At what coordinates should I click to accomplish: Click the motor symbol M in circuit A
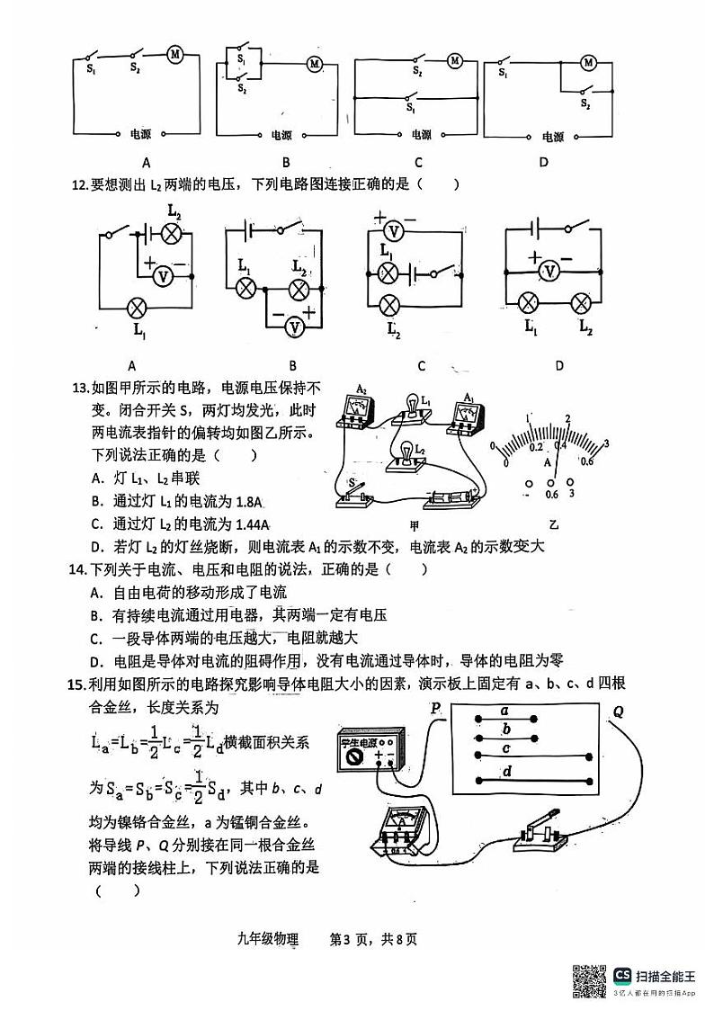pyautogui.click(x=175, y=55)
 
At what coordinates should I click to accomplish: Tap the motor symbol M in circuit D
pyautogui.click(x=589, y=62)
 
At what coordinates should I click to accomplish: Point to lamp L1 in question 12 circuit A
pyautogui.click(x=138, y=307)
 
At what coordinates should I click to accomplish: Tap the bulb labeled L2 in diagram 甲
pyautogui.click(x=406, y=452)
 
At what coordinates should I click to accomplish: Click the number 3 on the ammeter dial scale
pyautogui.click(x=606, y=443)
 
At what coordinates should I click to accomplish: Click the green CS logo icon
pyautogui.click(x=622, y=975)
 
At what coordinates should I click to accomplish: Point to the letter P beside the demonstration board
pyautogui.click(x=435, y=708)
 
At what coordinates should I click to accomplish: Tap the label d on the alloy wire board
pyautogui.click(x=507, y=771)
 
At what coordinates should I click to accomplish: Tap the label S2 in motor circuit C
pyautogui.click(x=417, y=70)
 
